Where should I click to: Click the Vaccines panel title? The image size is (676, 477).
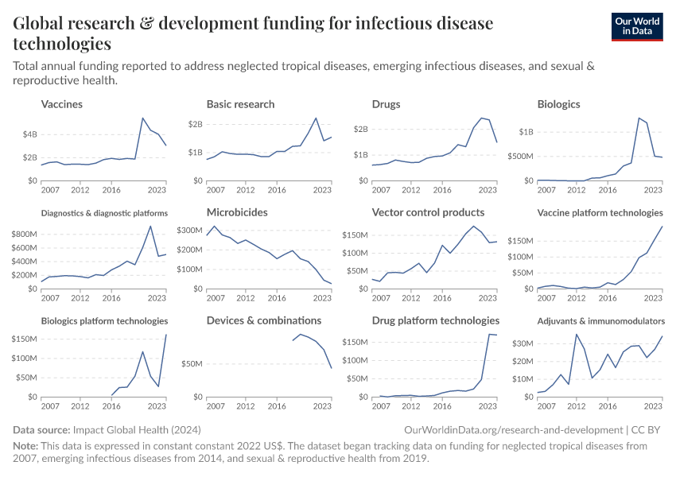[x=61, y=104]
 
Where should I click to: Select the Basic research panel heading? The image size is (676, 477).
[x=240, y=104]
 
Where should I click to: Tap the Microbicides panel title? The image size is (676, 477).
[x=237, y=212]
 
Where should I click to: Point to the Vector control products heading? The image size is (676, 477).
[x=428, y=212]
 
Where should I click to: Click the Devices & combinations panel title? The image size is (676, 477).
[x=264, y=320]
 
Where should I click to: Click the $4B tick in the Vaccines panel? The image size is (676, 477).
[x=29, y=134]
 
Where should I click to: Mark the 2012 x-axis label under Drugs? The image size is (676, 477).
[x=410, y=191]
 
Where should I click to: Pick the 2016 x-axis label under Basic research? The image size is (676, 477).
[x=276, y=191]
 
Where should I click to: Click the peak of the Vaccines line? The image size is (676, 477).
[x=142, y=118]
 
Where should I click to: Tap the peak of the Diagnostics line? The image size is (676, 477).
[x=150, y=226]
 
